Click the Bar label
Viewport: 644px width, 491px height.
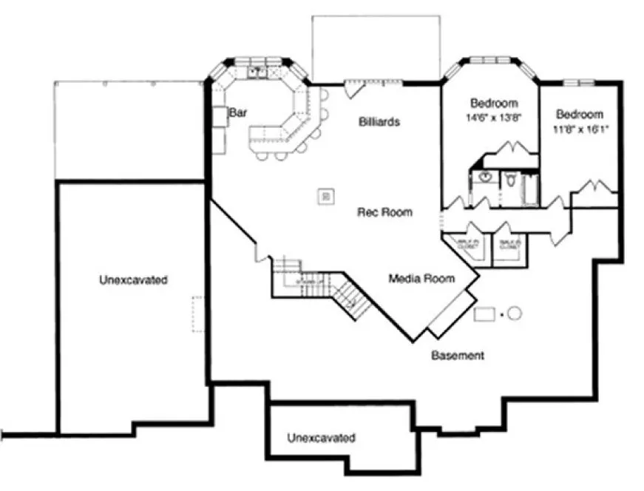(237, 113)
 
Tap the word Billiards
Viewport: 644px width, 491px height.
(380, 122)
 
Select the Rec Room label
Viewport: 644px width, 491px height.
(384, 212)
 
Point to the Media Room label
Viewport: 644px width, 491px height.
(422, 279)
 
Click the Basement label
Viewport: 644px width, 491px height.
(458, 356)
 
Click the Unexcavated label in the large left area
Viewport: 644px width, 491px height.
(133, 280)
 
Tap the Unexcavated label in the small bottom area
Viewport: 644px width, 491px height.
(321, 438)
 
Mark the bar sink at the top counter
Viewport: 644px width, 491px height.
(257, 72)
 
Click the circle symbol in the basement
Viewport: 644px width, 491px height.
(515, 314)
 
